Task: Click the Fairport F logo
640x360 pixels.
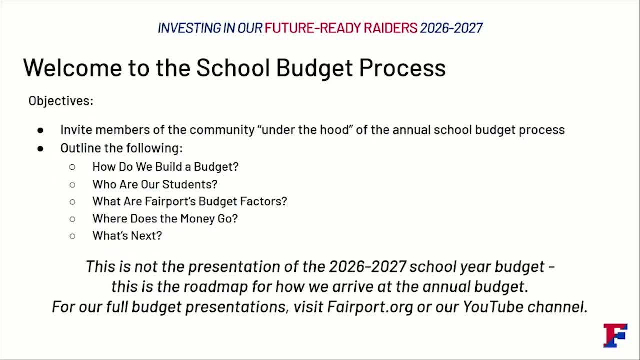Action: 615,335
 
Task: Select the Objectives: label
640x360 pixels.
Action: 61,101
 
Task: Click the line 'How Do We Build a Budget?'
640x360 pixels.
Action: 165,167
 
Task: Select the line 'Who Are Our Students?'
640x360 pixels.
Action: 155,184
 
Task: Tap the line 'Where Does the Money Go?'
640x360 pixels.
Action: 165,219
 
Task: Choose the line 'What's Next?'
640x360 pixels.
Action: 127,236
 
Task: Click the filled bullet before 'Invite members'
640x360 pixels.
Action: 40,130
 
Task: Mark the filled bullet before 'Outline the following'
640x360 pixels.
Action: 40,148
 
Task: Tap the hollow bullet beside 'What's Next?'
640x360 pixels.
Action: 72,236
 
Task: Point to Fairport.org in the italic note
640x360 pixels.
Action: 370,306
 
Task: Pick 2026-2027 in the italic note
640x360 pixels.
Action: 367,266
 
